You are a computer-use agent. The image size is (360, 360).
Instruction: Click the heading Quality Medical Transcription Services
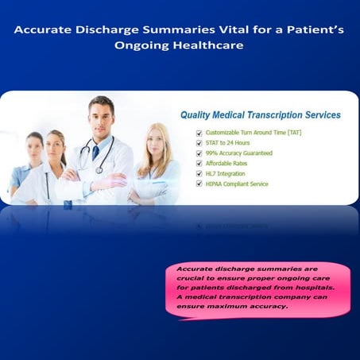261,115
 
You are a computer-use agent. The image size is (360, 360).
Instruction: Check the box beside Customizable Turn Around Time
199,132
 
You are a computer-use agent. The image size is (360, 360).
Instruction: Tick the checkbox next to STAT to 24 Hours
199,142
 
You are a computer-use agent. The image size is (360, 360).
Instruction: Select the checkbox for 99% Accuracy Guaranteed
199,153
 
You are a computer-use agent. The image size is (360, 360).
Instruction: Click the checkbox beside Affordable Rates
199,163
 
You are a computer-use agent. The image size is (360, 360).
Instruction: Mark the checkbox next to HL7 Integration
199,173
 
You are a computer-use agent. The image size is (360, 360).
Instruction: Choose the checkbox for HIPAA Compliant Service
199,184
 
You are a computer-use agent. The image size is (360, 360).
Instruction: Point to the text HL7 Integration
225,173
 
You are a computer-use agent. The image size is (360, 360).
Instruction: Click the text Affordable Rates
226,163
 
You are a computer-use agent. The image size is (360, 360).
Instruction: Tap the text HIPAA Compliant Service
238,184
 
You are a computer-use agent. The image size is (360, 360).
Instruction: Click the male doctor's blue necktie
95,151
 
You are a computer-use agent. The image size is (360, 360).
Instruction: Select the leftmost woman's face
34,149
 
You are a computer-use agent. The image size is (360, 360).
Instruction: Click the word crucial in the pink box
199,280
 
